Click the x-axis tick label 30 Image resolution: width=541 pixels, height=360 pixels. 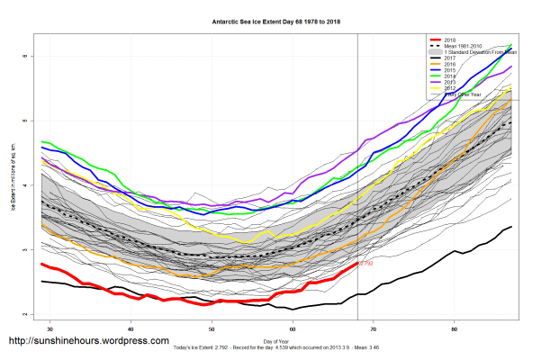coord(50,328)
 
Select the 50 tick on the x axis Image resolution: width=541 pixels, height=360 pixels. coord(212,328)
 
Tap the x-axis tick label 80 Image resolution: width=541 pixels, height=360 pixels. coord(455,328)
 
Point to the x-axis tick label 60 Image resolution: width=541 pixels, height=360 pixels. coord(293,328)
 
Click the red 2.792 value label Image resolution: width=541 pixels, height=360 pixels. coord(366,264)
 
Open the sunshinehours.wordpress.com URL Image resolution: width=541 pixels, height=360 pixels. coord(88,341)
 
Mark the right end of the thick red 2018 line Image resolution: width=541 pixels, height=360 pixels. coord(357,264)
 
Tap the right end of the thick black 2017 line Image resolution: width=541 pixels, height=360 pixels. coord(511,227)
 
